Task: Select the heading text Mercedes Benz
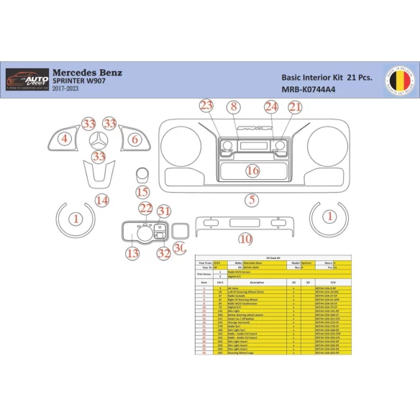pos(88,72)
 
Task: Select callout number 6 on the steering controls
pos(134,139)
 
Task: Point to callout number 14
pos(102,200)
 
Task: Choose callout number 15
pos(142,192)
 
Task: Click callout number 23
pos(206,106)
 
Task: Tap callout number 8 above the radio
pos(232,107)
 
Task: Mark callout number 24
pos(270,107)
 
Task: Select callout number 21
pos(295,107)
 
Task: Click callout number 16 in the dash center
pos(252,170)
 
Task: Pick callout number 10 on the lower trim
pos(245,238)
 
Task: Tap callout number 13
pos(132,253)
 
